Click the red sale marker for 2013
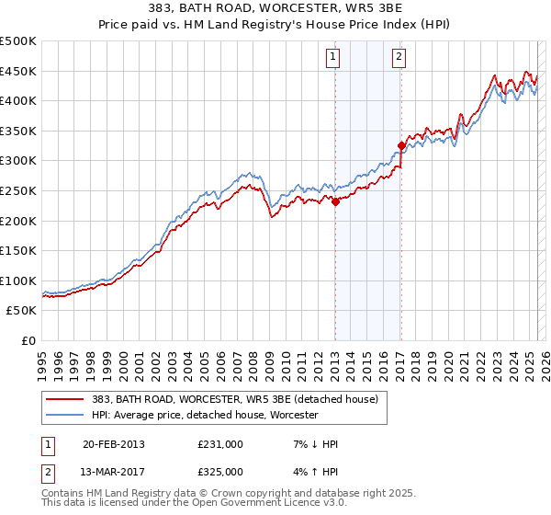coord(335,202)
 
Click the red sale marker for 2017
coord(401,145)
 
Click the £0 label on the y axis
coord(27,340)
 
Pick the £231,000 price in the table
coord(219,444)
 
